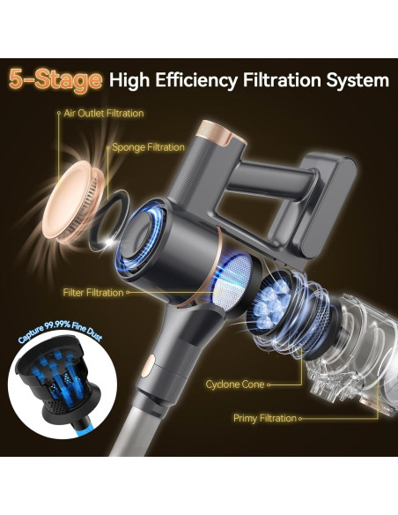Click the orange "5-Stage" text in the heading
(x=55, y=79)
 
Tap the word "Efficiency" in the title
(x=196, y=80)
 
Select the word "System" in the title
(x=357, y=81)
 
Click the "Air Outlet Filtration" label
(x=104, y=113)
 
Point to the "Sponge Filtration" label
(x=148, y=147)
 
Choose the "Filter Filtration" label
(x=93, y=292)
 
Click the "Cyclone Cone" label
(x=235, y=384)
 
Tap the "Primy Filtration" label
(x=265, y=418)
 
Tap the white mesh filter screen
(x=232, y=281)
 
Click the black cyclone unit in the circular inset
(x=55, y=377)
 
